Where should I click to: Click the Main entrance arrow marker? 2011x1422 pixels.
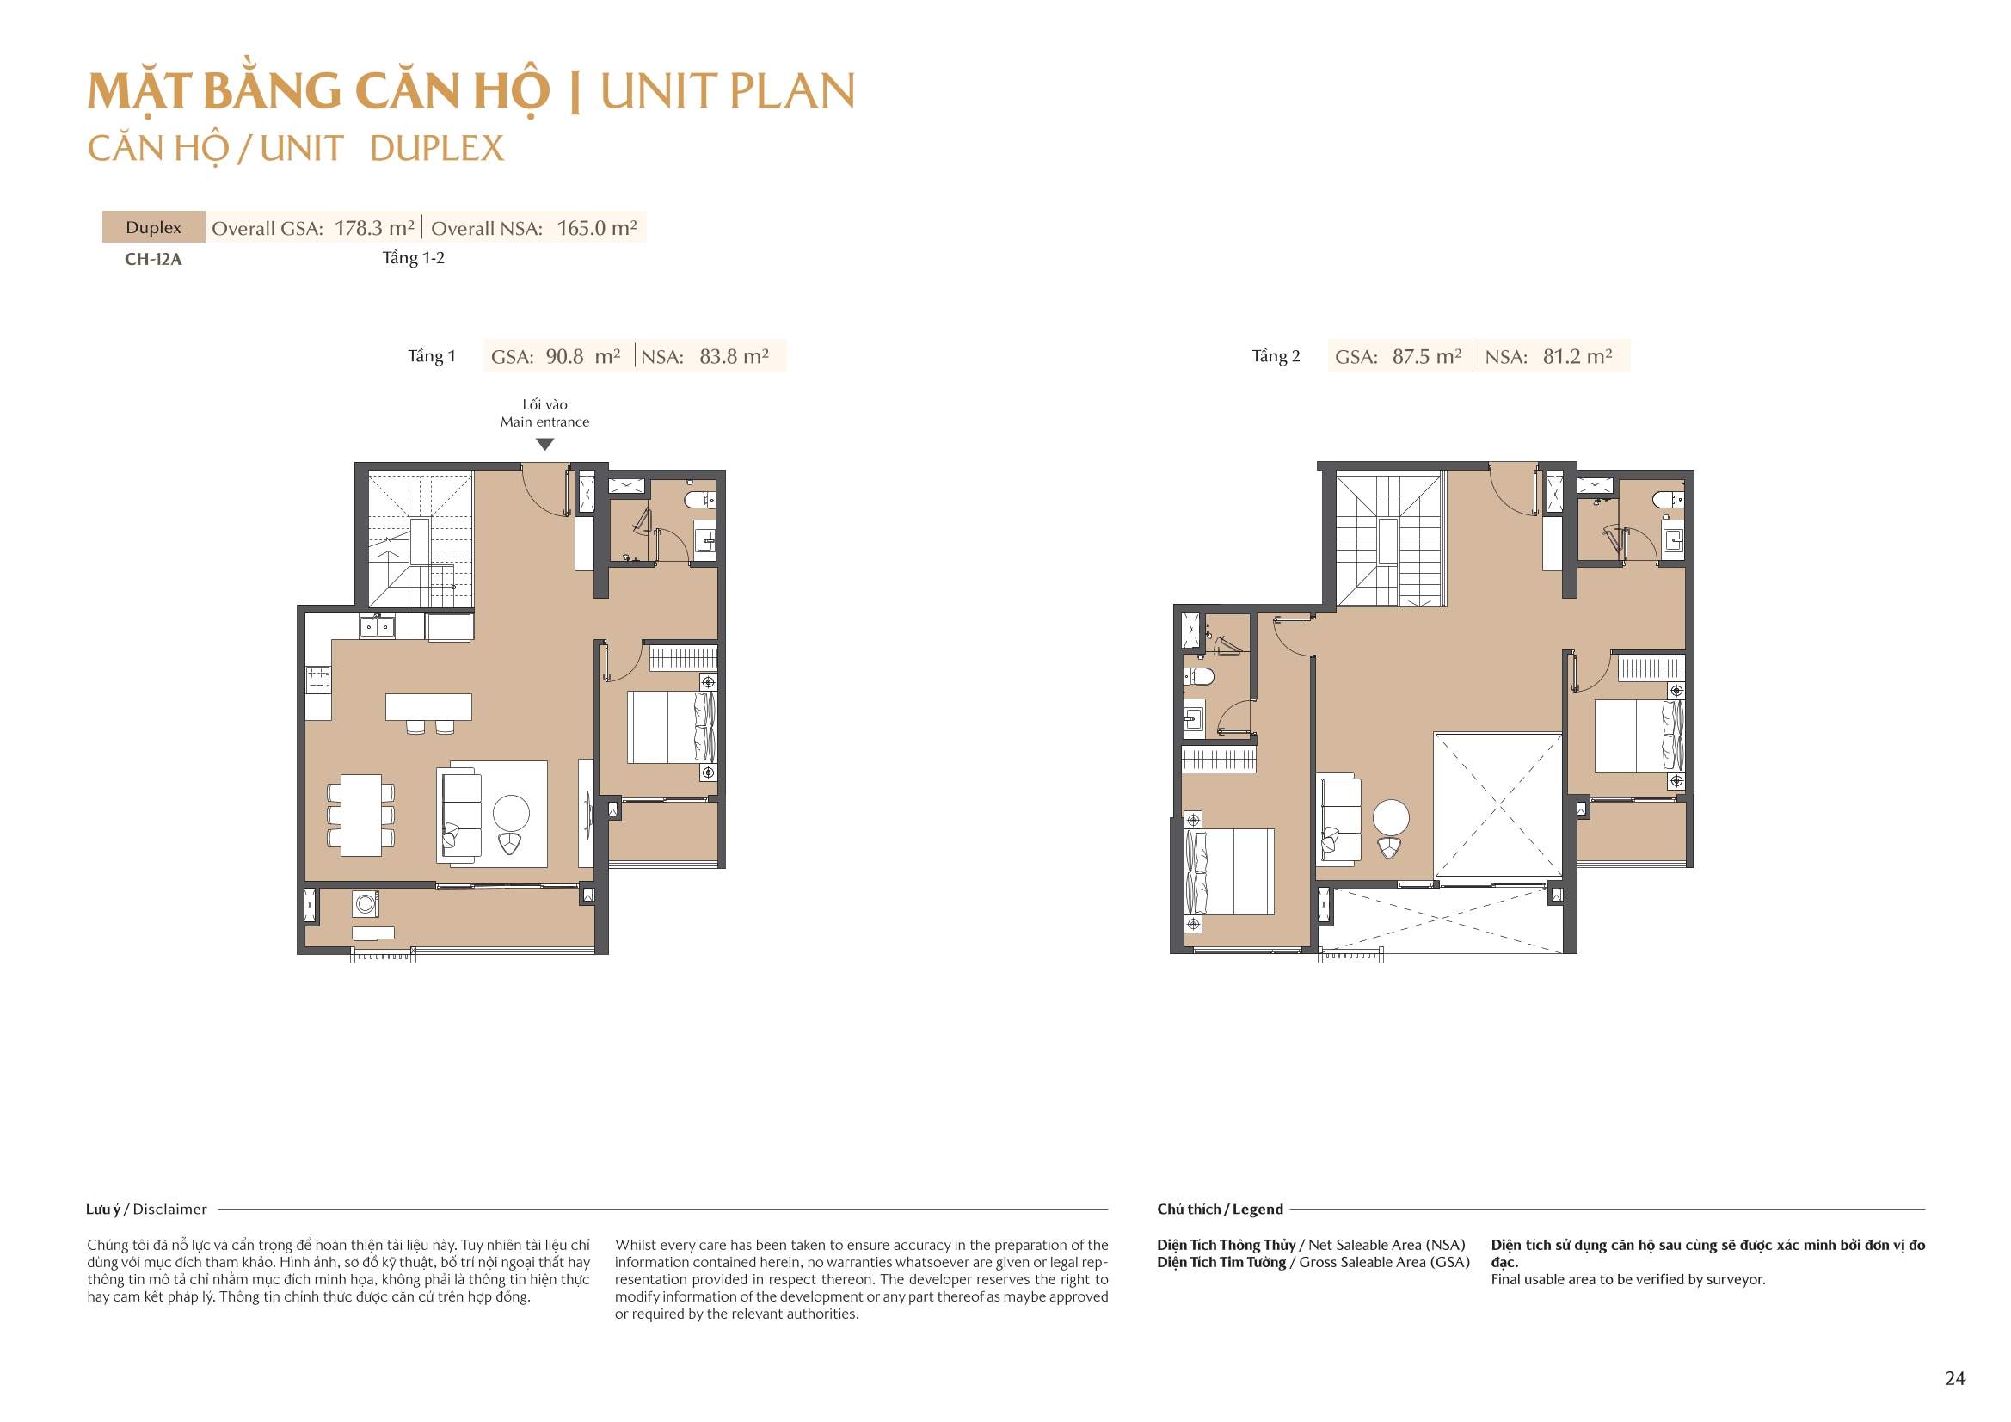[x=544, y=444]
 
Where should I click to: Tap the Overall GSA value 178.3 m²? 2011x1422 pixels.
[x=374, y=228]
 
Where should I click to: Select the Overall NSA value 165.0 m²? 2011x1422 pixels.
[x=596, y=228]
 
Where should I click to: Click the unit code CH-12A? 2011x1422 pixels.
[x=153, y=259]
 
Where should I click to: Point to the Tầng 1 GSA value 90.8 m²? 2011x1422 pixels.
[x=582, y=357]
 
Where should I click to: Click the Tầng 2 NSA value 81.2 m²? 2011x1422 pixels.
[x=1577, y=357]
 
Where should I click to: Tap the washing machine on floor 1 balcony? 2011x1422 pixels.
[x=366, y=903]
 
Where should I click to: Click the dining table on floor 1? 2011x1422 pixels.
[x=361, y=815]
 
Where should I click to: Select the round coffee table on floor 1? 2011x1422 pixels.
[x=511, y=813]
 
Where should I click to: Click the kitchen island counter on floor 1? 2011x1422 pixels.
[x=428, y=706]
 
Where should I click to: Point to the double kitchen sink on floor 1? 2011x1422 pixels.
[x=378, y=627]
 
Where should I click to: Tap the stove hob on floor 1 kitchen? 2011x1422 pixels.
[x=318, y=680]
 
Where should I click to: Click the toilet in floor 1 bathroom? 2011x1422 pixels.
[x=699, y=501]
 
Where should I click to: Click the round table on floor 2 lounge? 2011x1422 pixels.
[x=1391, y=817]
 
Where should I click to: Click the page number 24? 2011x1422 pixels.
[x=1955, y=1378]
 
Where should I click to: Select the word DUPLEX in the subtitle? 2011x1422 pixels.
[x=436, y=148]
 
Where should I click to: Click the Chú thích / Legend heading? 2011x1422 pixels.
[x=1219, y=1210]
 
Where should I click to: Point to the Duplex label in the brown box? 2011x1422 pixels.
[x=153, y=227]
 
